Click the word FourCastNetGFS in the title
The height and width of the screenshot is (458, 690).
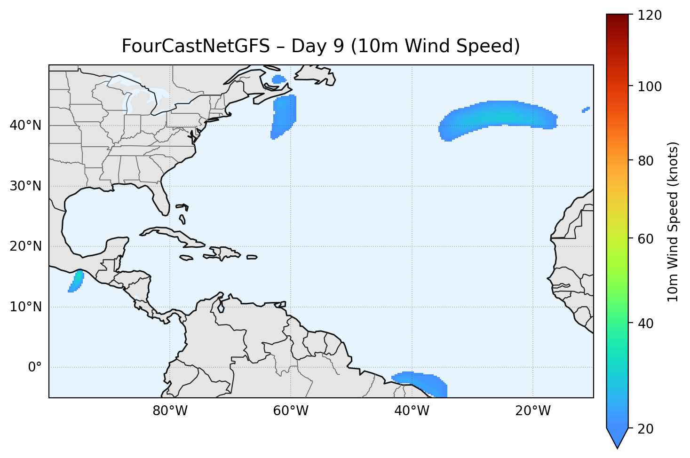pos(196,47)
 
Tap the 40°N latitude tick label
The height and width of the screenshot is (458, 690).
pos(25,126)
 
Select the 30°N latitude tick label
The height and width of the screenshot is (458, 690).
pos(25,186)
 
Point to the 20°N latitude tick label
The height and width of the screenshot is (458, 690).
pos(25,246)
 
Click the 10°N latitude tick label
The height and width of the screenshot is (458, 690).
pos(25,307)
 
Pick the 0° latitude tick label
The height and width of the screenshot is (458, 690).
pos(35,367)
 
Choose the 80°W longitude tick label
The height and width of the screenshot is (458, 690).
pos(170,411)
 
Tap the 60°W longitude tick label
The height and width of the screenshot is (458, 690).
pos(291,411)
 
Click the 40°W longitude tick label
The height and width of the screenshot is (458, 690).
pos(412,411)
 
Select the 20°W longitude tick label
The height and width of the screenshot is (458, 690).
pos(532,411)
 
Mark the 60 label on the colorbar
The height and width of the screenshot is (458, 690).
pos(647,239)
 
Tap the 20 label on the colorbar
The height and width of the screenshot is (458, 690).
pos(647,429)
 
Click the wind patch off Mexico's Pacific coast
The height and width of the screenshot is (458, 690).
pos(76,281)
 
